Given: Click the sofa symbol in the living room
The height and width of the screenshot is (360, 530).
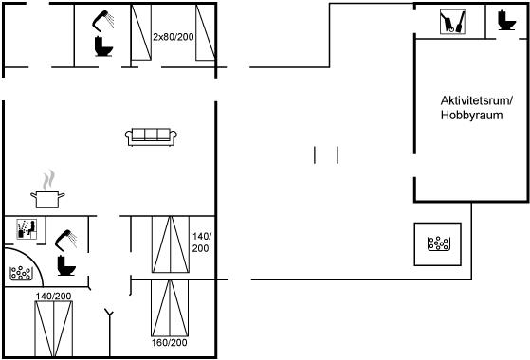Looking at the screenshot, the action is coord(151,136).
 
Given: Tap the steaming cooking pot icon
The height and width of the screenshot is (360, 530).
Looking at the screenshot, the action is coord(47,189).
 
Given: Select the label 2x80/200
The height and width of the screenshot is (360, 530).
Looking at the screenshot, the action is coord(174,37).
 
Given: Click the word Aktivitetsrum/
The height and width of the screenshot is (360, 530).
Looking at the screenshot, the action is coord(477,100).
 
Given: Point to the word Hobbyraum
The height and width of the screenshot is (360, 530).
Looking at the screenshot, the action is coord(471,116).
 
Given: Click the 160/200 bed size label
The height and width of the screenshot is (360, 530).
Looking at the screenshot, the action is coord(169,342).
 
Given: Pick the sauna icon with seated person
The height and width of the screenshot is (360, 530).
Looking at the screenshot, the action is coord(27,229).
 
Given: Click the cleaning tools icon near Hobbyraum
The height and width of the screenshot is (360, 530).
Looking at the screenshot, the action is coord(452,22).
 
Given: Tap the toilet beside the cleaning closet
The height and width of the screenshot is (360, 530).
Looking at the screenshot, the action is coord(506,20).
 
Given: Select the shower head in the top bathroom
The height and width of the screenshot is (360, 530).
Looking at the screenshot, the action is coord(102,20).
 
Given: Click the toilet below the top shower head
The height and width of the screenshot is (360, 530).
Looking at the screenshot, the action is coord(103,45).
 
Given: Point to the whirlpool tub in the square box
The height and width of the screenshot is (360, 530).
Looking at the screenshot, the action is coord(439,243).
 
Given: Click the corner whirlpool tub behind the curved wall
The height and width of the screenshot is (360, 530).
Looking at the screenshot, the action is coord(21,273).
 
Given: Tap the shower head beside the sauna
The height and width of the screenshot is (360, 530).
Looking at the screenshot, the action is coord(65,240).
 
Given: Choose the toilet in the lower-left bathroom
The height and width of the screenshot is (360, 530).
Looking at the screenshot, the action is coord(66,265).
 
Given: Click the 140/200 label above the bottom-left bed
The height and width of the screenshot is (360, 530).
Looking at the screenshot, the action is coord(53,297).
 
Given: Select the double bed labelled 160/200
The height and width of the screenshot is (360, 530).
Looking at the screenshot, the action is coord(170,308).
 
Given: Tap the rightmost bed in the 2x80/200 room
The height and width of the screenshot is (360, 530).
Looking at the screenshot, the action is coord(206,33).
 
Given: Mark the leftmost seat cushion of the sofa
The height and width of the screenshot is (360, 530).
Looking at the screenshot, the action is coord(138,135).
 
